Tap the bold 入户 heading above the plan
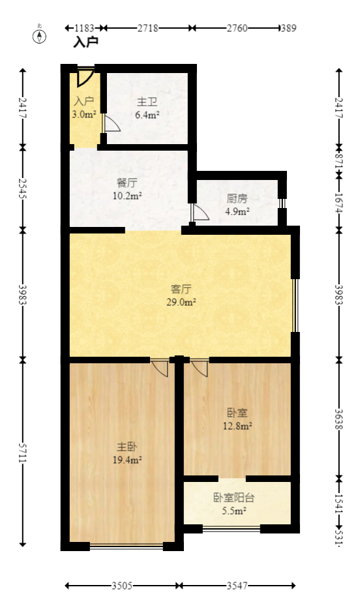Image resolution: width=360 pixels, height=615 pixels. [85, 42]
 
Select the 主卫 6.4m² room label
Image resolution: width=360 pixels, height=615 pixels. [146, 109]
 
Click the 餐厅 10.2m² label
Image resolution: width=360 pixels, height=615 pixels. [127, 188]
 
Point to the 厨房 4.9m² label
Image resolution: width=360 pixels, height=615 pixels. [237, 205]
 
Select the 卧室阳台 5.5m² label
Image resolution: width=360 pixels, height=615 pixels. [233, 504]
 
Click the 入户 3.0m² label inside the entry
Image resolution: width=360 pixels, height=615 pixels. [84, 108]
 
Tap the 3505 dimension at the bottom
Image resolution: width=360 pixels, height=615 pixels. [121, 586]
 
